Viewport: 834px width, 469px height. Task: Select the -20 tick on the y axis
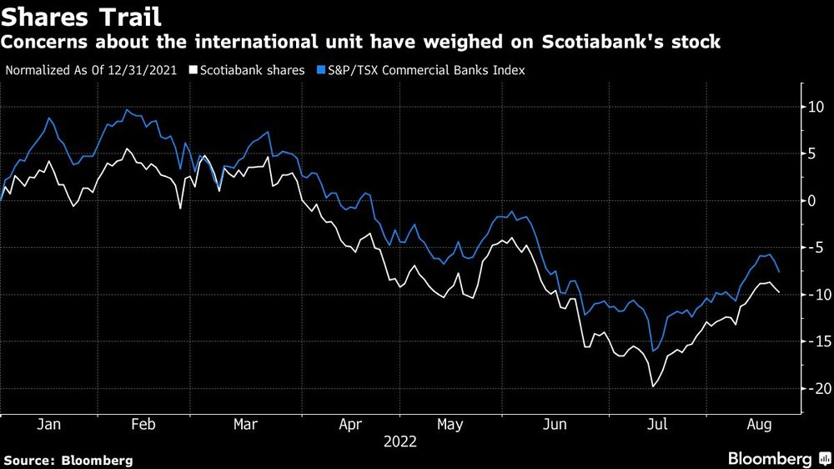coord(812,389)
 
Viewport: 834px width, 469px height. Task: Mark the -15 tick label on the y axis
coord(812,341)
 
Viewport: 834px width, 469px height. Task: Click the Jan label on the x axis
coord(49,424)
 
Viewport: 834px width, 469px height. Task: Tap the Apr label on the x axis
coord(351,424)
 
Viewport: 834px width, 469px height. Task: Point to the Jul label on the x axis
coord(657,424)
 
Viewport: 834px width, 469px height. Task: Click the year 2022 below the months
coord(400,441)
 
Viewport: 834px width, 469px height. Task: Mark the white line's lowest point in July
coord(652,386)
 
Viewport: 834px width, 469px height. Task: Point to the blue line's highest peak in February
coord(128,109)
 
